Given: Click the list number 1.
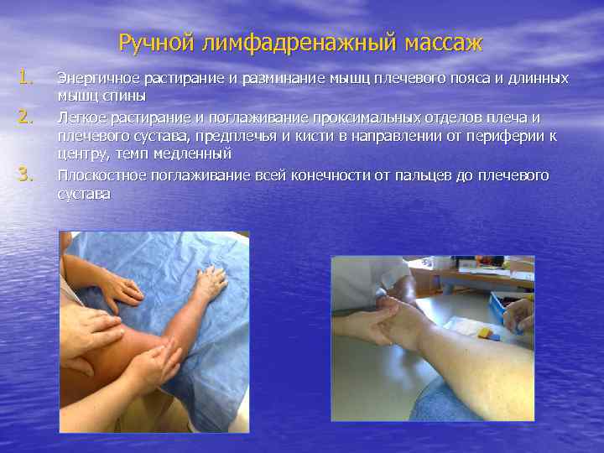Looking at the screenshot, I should point(26,78).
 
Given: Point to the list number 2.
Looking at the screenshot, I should point(26,116).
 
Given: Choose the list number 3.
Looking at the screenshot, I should point(26,174).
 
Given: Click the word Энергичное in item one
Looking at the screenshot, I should point(97,78).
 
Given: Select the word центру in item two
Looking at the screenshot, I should point(81,155).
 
